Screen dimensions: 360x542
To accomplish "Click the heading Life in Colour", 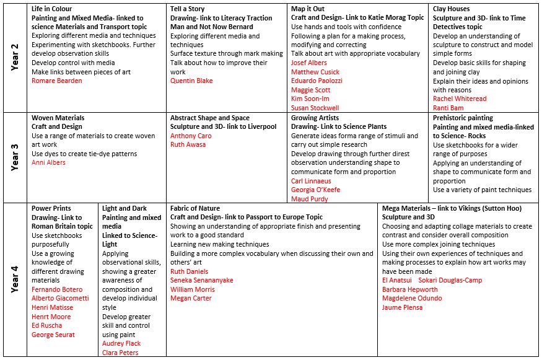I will coord(51,9).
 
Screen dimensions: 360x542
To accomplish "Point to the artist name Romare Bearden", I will coord(57,81).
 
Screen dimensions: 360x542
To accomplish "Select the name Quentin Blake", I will coord(192,81).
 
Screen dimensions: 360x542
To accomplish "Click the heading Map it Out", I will coord(308,9).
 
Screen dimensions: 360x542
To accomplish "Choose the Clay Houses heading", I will coord(452,9).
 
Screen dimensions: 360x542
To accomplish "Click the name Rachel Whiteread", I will coord(460,99).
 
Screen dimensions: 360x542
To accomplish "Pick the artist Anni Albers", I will coord(48,163).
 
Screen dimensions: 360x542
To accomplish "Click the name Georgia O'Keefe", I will coord(316,190).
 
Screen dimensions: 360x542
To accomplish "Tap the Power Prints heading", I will coord(51,209).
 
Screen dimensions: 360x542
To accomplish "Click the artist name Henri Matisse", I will coord(53,308).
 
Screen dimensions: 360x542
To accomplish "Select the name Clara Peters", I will coord(120,353).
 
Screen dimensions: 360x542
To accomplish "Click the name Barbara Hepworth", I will coord(410,289).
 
